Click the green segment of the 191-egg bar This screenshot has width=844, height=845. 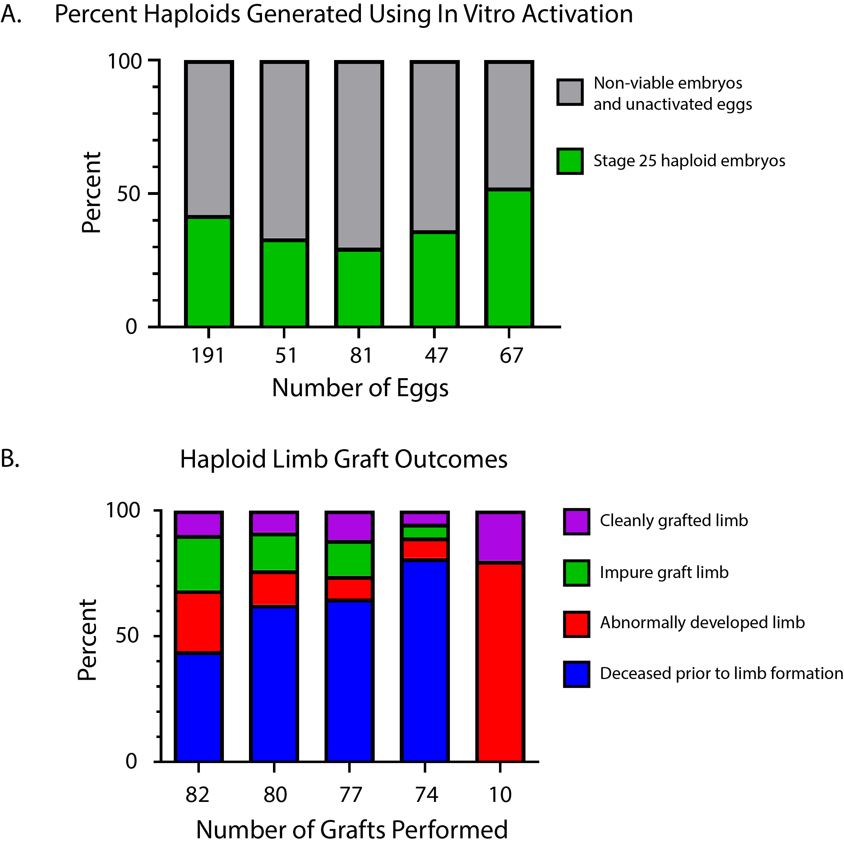pos(209,271)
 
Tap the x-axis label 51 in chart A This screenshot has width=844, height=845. pos(285,355)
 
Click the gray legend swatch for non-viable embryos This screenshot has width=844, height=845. pos(570,92)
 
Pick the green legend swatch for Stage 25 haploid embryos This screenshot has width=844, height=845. pos(570,161)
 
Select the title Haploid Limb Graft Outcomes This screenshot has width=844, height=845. pos(344,460)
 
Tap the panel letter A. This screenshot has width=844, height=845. pos(11,14)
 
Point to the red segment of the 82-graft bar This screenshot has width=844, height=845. pos(198,622)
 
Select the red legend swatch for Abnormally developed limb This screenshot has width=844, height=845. pos(576,624)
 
